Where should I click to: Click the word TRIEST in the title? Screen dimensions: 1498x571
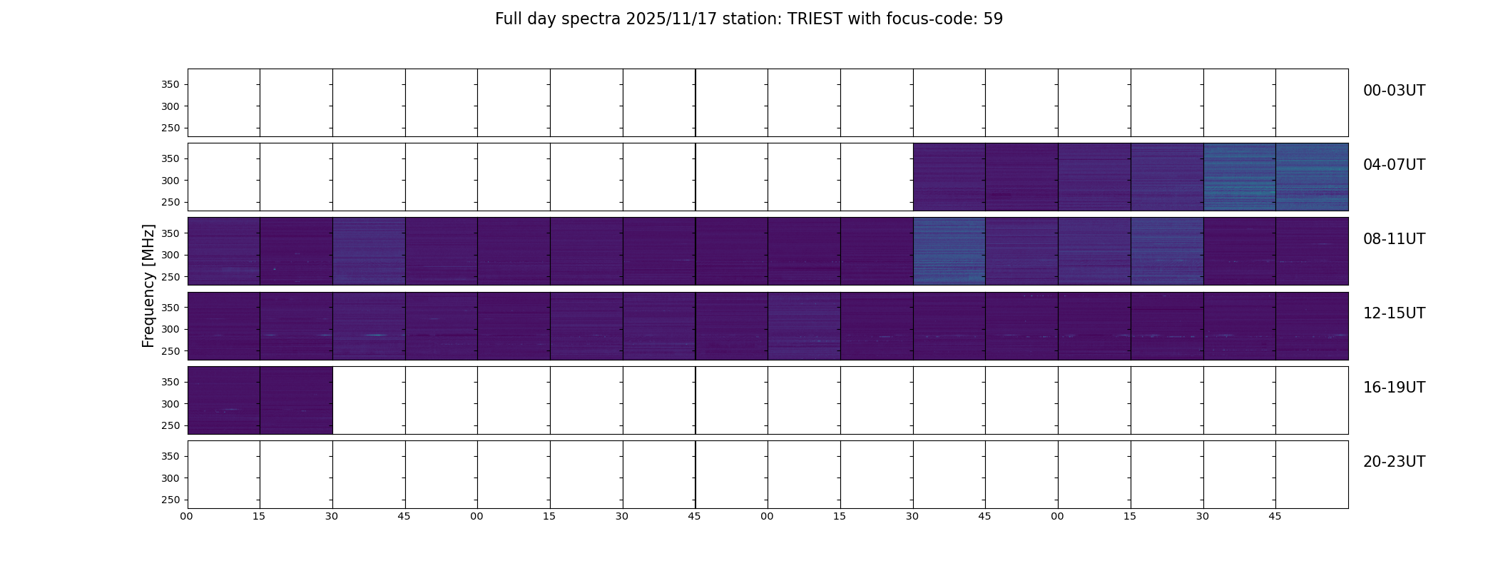815,19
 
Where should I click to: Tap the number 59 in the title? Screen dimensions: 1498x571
993,19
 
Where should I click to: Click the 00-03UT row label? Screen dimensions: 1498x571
1394,91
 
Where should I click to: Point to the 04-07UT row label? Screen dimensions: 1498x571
1394,165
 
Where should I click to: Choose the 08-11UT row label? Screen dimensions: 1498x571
1394,239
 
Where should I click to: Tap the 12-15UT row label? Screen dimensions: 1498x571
1394,313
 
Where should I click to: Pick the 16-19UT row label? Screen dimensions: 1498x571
1394,388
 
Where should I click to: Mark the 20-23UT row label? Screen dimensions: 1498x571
1394,462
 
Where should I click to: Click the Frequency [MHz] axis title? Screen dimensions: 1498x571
148,285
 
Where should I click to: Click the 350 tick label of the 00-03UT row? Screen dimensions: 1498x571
170,85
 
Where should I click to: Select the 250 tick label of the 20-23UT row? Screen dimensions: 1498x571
170,500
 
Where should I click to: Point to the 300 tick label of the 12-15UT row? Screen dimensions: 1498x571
170,330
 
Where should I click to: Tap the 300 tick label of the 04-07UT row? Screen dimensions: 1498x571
170,181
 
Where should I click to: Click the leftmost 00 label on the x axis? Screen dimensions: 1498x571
186,517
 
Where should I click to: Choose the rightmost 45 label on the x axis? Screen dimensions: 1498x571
1275,517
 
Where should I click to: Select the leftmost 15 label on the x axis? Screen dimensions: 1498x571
259,517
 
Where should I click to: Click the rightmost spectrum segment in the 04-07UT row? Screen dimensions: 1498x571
1312,177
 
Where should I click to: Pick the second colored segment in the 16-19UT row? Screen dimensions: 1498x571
296,400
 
